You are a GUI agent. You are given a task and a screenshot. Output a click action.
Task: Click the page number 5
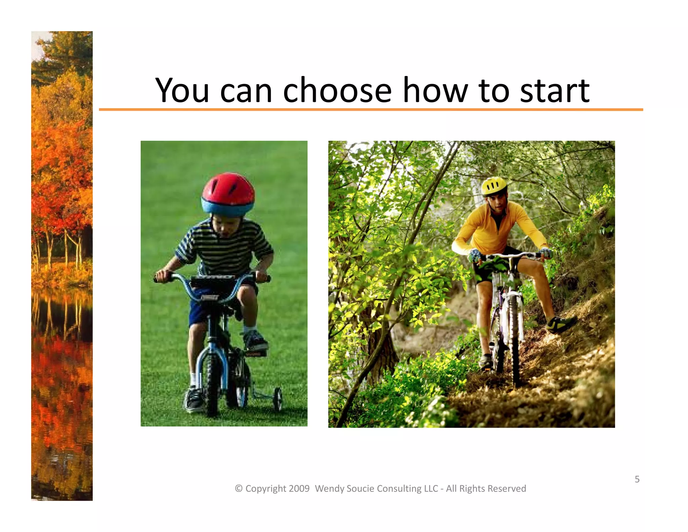pos(637,479)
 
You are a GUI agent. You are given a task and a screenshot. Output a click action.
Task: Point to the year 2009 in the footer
pos(299,489)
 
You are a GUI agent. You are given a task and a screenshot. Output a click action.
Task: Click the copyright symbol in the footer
pos(239,489)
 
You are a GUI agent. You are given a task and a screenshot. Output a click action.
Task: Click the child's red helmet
pos(228,190)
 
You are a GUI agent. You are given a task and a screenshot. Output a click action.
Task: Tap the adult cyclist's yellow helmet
pos(494,186)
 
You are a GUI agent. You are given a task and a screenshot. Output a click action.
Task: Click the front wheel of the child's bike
pos(212,383)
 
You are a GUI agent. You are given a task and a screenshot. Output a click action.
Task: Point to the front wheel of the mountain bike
pos(514,340)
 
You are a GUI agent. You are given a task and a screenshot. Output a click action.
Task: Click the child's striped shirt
pos(223,249)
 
